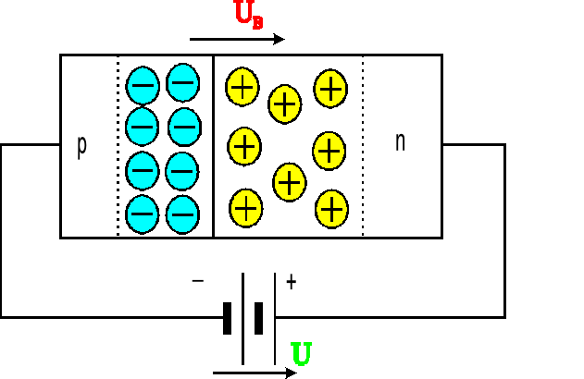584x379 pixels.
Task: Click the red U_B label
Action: pyautogui.click(x=248, y=16)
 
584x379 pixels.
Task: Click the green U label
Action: pyautogui.click(x=301, y=353)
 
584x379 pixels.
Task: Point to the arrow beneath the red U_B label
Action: pyautogui.click(x=237, y=40)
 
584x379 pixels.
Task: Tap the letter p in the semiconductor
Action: pyautogui.click(x=81, y=146)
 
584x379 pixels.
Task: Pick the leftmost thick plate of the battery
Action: pyautogui.click(x=227, y=318)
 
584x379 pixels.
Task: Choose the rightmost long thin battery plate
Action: pyautogui.click(x=275, y=318)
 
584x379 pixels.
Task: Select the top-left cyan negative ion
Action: pyautogui.click(x=143, y=86)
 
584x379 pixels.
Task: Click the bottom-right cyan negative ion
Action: pyautogui.click(x=183, y=213)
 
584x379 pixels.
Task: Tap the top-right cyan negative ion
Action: pyautogui.click(x=183, y=83)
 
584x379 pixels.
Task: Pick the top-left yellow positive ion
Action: pyautogui.click(x=242, y=87)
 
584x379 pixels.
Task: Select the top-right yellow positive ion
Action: pyautogui.click(x=330, y=88)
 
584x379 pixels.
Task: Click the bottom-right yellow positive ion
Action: pyautogui.click(x=331, y=209)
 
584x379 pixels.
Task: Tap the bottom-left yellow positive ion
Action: pyautogui.click(x=245, y=207)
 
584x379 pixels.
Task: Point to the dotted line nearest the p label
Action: pyautogui.click(x=118, y=146)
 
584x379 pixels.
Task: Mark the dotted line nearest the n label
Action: pyautogui.click(x=363, y=146)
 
